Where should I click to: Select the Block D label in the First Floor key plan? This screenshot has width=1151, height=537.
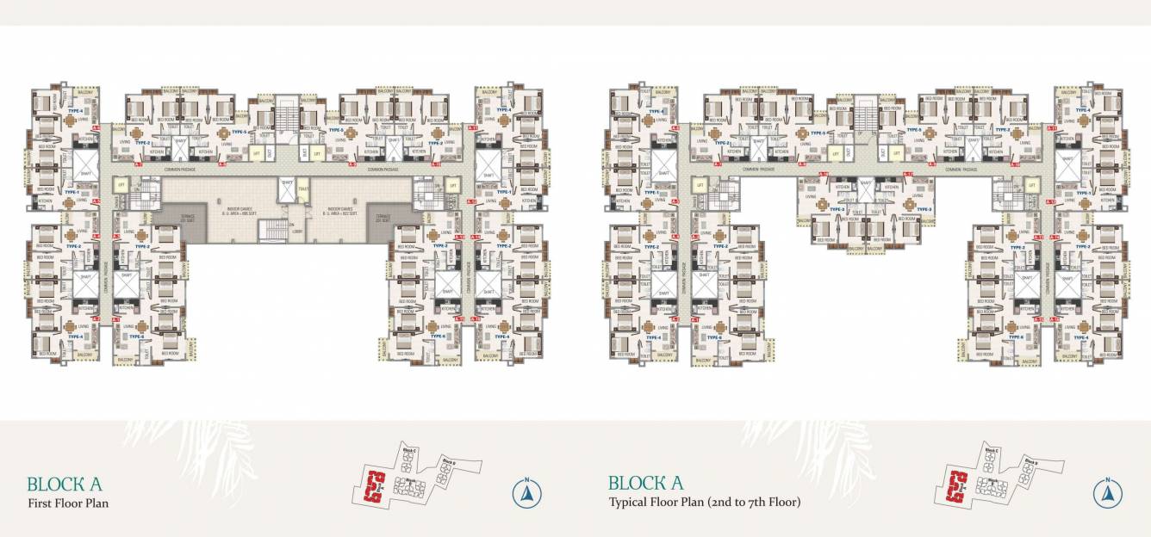[x=449, y=462]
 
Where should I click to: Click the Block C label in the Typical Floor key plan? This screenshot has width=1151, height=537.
[x=991, y=450]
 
